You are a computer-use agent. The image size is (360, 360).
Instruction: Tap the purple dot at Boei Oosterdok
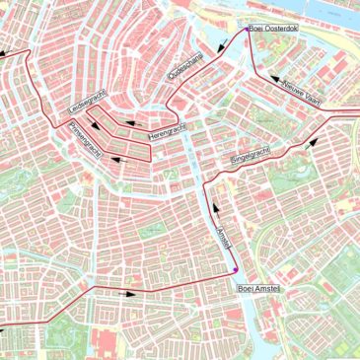point(247,31)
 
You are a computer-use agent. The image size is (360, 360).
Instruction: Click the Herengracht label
point(168,132)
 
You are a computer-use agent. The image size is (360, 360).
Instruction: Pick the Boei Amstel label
point(258,288)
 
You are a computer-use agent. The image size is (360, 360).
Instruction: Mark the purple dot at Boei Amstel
point(235,269)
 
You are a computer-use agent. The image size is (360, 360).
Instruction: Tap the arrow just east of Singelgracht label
point(314,139)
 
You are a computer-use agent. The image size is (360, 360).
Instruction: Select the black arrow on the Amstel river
point(214,209)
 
